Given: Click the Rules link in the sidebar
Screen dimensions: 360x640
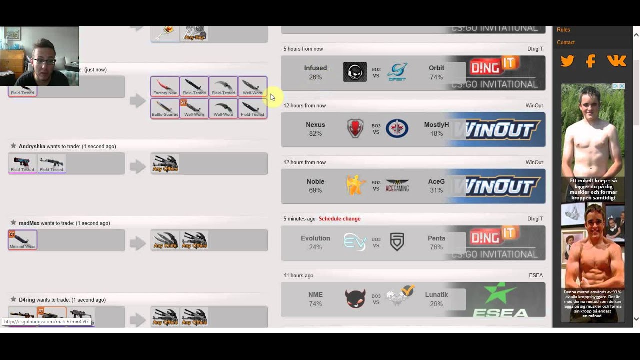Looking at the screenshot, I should click(563, 30).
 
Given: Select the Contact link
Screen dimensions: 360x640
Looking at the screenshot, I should click(566, 42).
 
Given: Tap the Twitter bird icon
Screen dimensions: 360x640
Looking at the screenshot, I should click(567, 61).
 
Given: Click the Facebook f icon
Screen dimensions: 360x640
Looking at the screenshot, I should click(591, 61).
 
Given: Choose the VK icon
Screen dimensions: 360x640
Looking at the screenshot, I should click(616, 61).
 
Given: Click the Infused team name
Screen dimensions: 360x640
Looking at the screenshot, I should click(315, 68).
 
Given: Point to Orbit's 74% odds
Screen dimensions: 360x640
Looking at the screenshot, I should click(436, 77).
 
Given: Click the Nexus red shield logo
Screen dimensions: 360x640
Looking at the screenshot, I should click(355, 129).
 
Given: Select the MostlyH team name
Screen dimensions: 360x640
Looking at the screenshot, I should click(436, 125).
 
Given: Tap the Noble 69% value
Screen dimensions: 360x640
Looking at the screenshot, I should click(315, 190).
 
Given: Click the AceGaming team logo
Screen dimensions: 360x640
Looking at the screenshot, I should click(397, 186).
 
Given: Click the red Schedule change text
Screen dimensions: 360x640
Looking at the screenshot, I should click(339, 219).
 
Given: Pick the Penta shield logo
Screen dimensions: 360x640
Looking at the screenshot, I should click(397, 242).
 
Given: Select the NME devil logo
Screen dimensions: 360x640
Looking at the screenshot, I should click(355, 299).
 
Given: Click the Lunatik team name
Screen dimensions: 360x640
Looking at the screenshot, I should click(436, 295).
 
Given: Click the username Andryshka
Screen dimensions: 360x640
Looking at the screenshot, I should click(32, 146).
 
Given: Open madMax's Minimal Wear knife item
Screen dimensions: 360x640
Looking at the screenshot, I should click(22, 240).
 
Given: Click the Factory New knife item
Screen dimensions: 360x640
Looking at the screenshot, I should click(165, 87).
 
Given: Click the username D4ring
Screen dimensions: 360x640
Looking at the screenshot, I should click(27, 300).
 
